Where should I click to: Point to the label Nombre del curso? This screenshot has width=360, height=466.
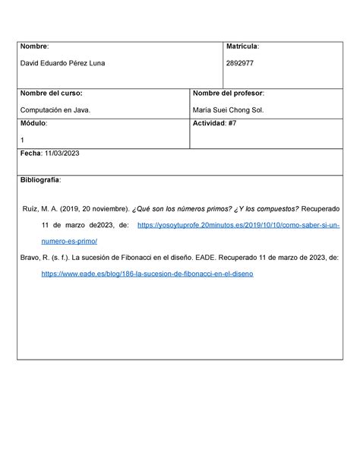coord(51,94)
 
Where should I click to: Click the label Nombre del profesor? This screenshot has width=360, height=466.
coord(229,94)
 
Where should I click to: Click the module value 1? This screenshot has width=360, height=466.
coord(23,140)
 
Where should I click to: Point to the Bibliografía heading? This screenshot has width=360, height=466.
coord(46,180)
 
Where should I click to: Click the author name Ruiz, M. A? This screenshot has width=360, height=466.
coord(41,208)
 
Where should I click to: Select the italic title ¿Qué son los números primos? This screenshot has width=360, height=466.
coord(173,208)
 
